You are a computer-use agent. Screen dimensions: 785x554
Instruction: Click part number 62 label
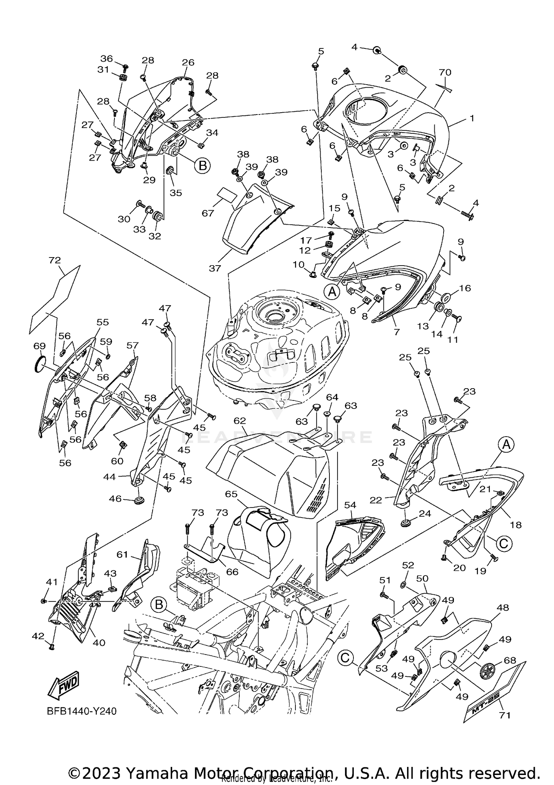pos(240,421)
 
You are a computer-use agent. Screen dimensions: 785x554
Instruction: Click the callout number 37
pos(215,268)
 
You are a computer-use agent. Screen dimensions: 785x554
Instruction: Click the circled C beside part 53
pos(345,657)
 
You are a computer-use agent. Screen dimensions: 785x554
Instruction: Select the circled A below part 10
pos(332,292)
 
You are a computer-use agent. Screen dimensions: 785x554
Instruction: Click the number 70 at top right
pos(445,72)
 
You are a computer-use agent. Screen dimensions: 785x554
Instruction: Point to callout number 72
pos(55,260)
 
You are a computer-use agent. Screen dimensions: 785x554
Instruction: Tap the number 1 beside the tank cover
pos(472,118)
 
